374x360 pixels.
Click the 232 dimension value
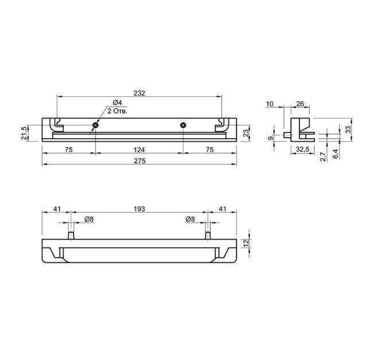tap(139, 93)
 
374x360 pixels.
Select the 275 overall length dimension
tap(139, 161)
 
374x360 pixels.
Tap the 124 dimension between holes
tap(139, 150)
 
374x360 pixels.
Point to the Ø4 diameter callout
tap(117, 103)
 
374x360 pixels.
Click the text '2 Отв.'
tap(118, 111)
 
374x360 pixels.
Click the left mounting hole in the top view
tap(95, 125)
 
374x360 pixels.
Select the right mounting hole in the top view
tap(183, 125)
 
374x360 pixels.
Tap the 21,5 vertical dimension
tap(24, 133)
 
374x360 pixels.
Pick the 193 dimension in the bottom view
tap(139, 209)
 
